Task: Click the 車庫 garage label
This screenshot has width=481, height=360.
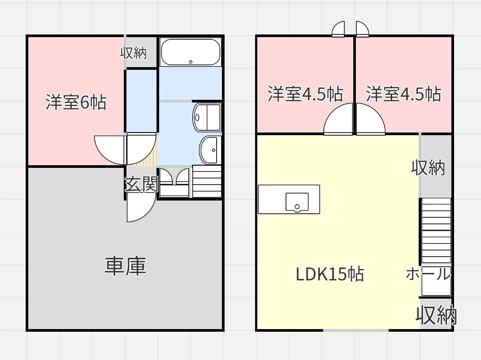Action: pos(125,266)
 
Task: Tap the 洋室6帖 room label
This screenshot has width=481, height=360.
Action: pos(76,102)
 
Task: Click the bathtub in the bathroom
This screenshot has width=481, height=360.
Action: pos(190,52)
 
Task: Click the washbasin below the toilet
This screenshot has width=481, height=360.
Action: pos(210,150)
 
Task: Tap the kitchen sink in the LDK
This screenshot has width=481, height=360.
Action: pos(297,202)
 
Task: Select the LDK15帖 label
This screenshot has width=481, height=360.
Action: pos(329,275)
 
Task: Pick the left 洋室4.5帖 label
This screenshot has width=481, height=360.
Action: pos(305,94)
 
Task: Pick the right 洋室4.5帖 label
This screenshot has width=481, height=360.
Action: pos(403,94)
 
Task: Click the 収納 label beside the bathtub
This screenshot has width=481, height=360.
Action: pos(134,53)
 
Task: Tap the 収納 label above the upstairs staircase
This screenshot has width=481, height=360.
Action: pos(428,167)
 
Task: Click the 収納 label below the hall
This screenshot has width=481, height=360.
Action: pos(436,315)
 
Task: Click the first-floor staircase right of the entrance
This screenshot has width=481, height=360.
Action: pos(206,181)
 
